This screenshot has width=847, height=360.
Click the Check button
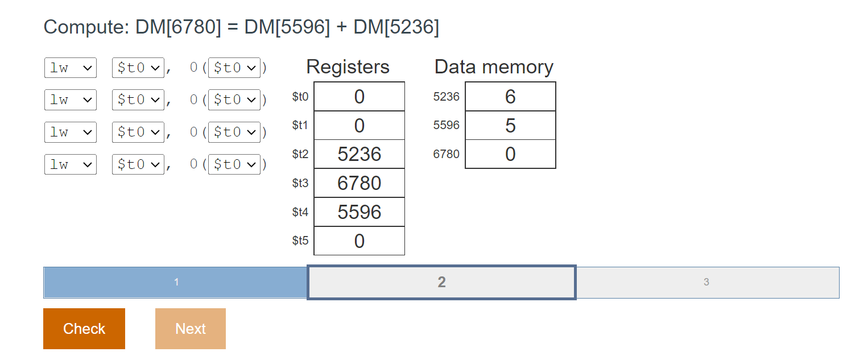pos(84,329)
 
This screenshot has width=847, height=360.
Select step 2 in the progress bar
pos(441,282)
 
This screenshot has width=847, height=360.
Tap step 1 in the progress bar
pos(176,282)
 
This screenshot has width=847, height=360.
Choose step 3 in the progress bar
pos(706,282)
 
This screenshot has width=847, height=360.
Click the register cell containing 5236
pos(359,154)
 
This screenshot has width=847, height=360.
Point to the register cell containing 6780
pos(359,183)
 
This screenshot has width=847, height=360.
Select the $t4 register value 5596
pos(359,212)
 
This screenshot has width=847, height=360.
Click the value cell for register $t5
pos(359,241)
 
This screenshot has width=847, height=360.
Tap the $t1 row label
pos(300,125)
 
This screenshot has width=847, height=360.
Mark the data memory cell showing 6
pos(510,97)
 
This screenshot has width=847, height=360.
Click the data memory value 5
pos(510,125)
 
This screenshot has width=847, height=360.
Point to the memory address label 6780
pos(446,154)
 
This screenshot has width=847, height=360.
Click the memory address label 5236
pos(446,97)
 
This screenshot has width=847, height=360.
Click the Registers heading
pos(348,67)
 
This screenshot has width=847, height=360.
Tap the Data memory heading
pos(494,67)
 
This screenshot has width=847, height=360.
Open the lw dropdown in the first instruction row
pos(71,68)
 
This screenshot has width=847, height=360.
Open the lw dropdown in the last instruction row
pos(71,164)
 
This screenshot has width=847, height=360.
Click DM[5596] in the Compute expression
pos(287,27)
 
